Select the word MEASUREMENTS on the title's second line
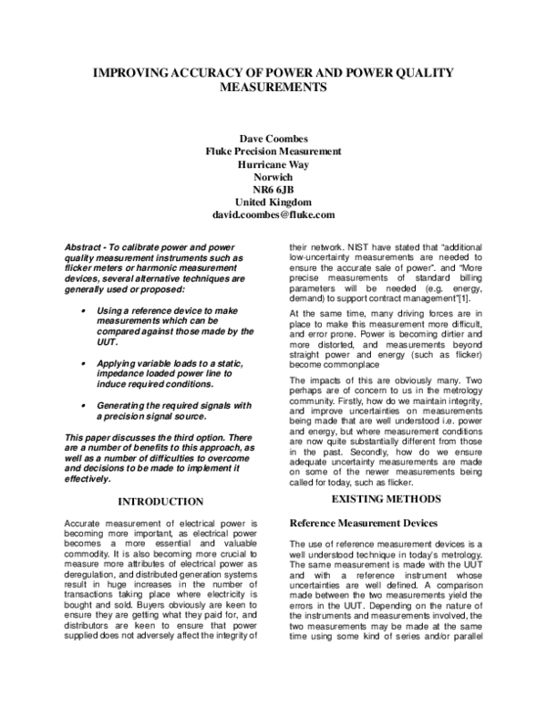point(273,89)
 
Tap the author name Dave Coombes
point(273,138)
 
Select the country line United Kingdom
point(273,202)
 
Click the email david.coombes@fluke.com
point(273,214)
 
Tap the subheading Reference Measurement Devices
point(359,524)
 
